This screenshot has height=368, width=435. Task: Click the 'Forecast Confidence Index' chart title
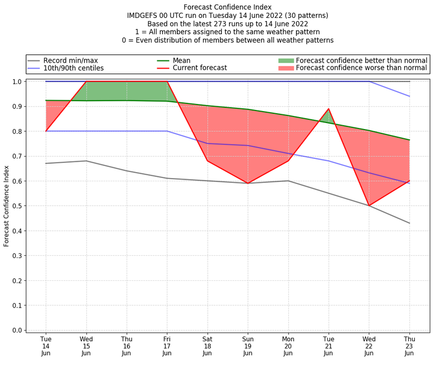[227, 7]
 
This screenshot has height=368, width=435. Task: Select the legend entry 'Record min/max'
[70, 60]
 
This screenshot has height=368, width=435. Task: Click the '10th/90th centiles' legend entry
[73, 68]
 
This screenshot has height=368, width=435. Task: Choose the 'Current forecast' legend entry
[200, 68]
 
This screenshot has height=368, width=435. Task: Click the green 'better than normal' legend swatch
[285, 60]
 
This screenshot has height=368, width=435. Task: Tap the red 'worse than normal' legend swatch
[285, 68]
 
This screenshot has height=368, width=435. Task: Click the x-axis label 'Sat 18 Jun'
[207, 346]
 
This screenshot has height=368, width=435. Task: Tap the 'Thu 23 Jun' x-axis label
[409, 346]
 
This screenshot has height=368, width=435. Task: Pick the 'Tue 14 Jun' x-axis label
[46, 346]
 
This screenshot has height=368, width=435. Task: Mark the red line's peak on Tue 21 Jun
[328, 109]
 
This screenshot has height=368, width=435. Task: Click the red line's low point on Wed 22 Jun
[369, 206]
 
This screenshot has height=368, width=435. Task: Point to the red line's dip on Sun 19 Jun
[247, 183]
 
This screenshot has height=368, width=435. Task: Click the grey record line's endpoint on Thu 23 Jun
[409, 223]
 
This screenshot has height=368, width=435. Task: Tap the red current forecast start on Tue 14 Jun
[46, 131]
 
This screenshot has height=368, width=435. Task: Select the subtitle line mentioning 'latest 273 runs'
[227, 24]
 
